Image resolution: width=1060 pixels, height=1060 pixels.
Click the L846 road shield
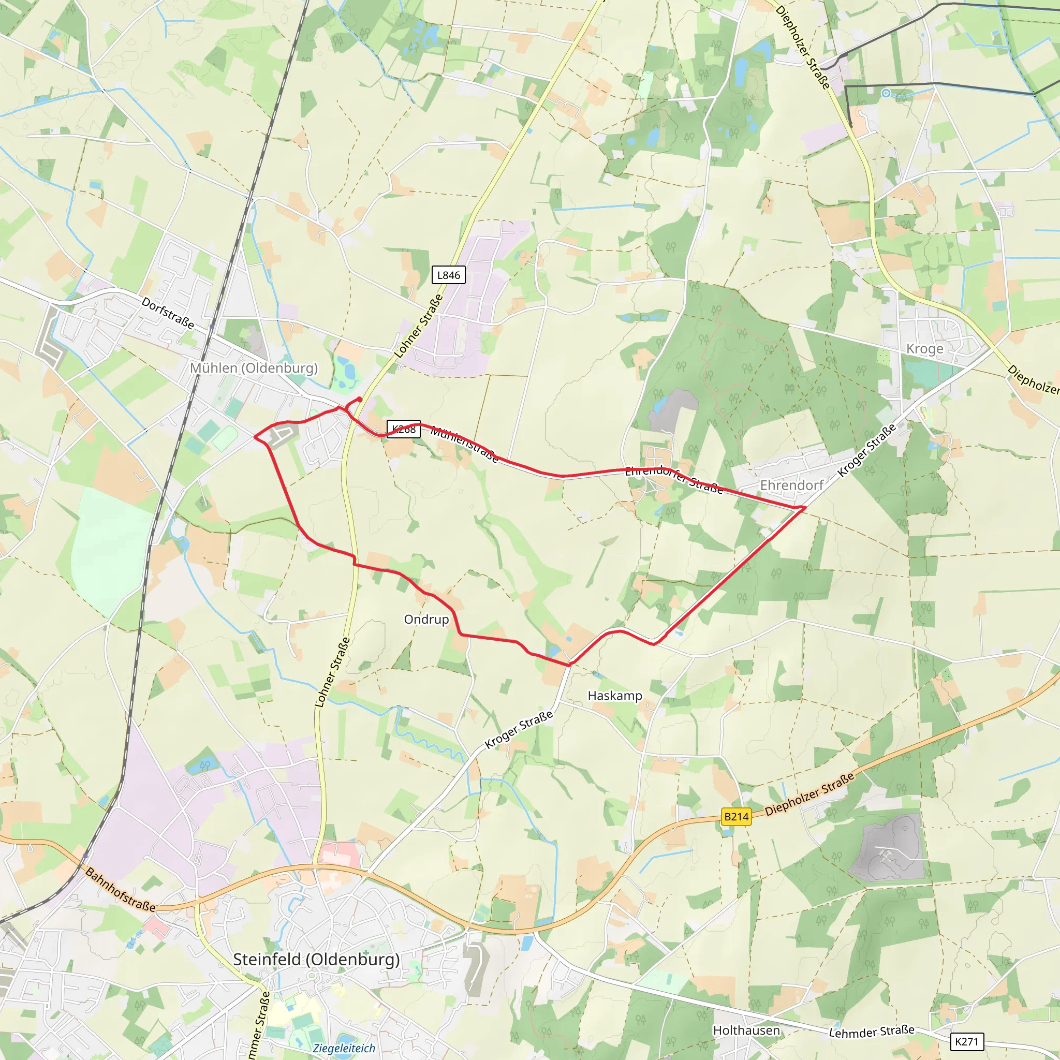(448, 275)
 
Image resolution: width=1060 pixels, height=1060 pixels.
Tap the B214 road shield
(736, 817)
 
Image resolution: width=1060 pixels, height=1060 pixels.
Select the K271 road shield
(966, 1041)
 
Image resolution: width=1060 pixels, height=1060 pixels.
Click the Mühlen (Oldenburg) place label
(254, 367)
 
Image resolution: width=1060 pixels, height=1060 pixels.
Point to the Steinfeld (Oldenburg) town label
(317, 959)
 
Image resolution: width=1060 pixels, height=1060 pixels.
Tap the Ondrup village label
(426, 619)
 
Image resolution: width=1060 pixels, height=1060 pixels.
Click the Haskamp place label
(614, 695)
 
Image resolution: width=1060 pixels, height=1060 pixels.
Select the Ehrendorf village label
(791, 485)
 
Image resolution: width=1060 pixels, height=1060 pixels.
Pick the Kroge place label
(924, 348)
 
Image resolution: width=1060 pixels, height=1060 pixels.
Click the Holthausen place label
(746, 1030)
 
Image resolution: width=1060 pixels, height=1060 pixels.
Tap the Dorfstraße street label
(168, 313)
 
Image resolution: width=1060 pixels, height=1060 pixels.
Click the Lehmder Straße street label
(871, 1032)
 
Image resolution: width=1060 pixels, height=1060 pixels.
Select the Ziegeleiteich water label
(344, 1048)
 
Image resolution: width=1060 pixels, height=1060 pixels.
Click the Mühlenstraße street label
(464, 445)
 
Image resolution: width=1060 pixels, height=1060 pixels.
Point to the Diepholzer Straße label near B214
(809, 793)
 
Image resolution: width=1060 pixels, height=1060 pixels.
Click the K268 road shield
(404, 429)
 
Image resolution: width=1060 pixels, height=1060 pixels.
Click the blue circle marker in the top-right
(886, 93)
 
